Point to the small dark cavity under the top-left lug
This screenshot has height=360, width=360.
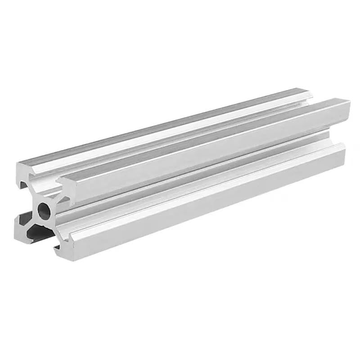23,185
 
